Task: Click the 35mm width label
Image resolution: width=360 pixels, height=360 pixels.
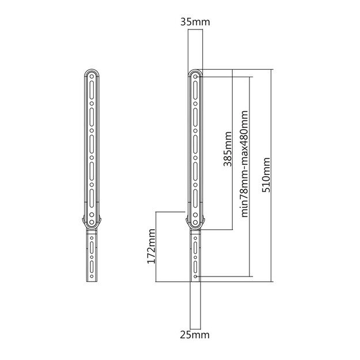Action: pyautogui.click(x=195, y=22)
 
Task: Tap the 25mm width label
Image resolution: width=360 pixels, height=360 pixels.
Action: pyautogui.click(x=195, y=334)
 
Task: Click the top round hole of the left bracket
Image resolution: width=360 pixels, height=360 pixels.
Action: pyautogui.click(x=92, y=76)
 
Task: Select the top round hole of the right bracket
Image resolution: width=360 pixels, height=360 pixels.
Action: pyautogui.click(x=195, y=76)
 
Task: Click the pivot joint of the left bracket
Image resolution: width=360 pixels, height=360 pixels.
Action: pyautogui.click(x=92, y=221)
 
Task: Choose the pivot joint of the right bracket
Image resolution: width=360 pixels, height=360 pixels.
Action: pyautogui.click(x=195, y=221)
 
